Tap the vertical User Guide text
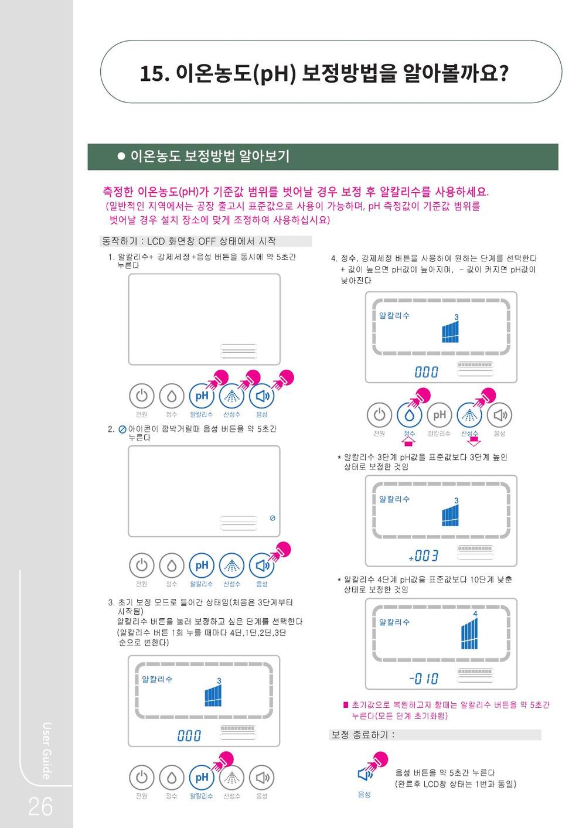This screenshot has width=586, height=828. tap(46, 751)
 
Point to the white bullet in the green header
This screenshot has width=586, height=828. tap(121, 156)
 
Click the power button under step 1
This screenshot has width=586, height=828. tap(142, 396)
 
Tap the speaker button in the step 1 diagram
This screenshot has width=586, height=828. tap(262, 396)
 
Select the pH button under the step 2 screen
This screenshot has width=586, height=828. tap(202, 565)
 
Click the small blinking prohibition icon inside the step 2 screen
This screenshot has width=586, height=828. tap(272, 518)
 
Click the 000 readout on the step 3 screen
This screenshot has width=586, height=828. tap(189, 735)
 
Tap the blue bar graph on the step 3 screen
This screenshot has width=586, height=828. tap(213, 696)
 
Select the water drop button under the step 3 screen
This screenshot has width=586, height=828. tap(172, 778)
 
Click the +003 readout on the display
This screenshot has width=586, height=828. tap(423, 556)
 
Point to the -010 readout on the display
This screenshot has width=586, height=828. tap(424, 679)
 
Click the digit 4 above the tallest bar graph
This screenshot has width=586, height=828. tap(475, 614)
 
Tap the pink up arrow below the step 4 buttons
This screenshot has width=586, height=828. tap(408, 441)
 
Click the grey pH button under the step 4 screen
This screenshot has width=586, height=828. tap(439, 415)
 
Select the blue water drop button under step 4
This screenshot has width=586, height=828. tap(409, 415)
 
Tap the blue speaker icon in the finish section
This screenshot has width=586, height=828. tap(364, 774)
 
